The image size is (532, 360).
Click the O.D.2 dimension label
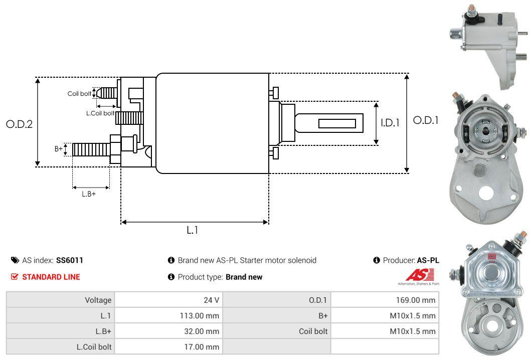coord(19,124)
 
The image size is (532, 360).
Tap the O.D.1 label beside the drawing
coord(426,120)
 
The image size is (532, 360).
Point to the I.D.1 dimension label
coord(390,122)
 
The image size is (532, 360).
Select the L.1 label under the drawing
coord(193,230)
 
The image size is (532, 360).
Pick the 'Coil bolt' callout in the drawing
coord(79,94)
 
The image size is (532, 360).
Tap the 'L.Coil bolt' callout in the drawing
coord(100,113)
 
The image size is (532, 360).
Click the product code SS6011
coord(70,260)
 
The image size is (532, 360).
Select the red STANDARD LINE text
coord(51,277)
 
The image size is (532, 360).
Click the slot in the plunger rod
coord(337,123)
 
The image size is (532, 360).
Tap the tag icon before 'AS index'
coord(15,260)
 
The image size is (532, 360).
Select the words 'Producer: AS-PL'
coord(410,260)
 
